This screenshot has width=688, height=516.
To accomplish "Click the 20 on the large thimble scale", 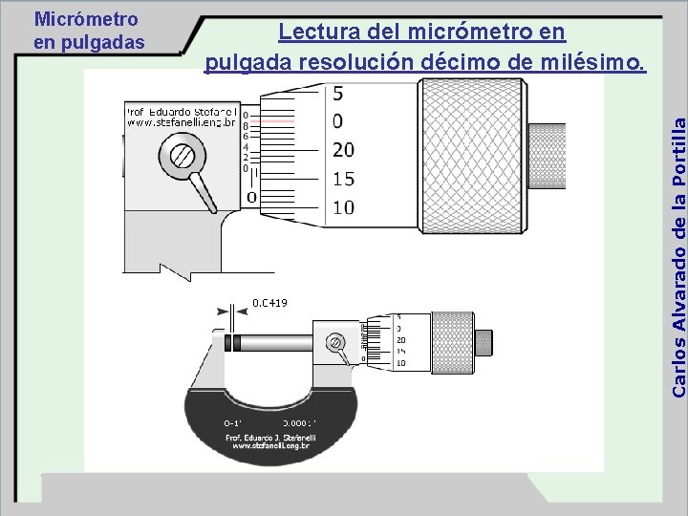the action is click(x=343, y=149).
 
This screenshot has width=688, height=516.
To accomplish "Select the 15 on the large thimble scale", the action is click(x=343, y=179).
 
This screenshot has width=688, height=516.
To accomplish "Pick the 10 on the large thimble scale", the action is click(x=343, y=207).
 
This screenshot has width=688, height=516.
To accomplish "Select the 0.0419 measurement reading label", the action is click(x=269, y=303).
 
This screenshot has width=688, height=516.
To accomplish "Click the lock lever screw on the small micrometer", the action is click(x=335, y=342).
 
